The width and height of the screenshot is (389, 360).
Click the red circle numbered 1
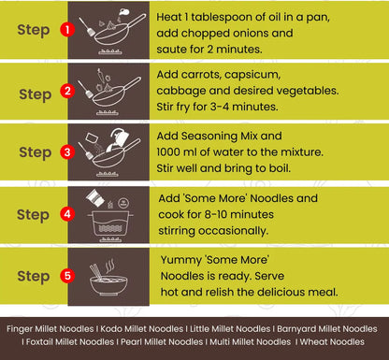[x=67, y=30]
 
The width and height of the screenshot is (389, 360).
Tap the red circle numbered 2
[x=67, y=91]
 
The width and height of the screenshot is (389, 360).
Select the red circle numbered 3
[x=67, y=152]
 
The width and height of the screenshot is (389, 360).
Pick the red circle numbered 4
[x=67, y=214]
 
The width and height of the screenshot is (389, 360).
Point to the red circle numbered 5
[x=67, y=276]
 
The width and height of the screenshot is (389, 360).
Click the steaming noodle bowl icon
[x=108, y=278]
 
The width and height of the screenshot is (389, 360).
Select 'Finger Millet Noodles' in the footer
[x=50, y=329]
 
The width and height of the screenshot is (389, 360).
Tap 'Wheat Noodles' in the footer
[x=332, y=342]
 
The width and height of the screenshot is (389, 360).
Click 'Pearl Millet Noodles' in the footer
[x=162, y=342]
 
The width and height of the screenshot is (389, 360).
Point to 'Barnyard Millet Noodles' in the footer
[x=327, y=329]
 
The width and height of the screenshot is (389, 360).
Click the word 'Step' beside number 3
[x=36, y=152]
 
